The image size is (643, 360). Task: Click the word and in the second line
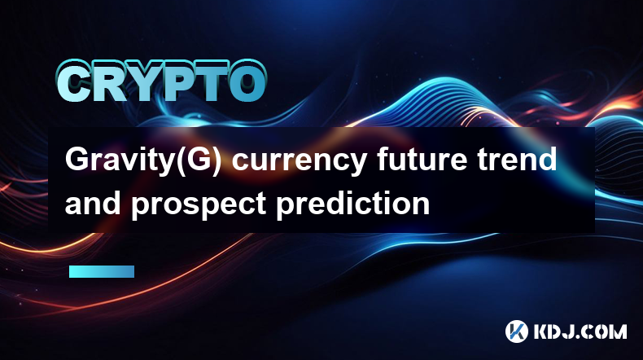click(x=93, y=203)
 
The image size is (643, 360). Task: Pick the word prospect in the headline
click(x=199, y=205)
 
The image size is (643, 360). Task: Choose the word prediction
click(x=353, y=204)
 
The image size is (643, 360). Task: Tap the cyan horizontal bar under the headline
click(x=102, y=272)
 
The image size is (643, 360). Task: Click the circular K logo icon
click(x=516, y=331)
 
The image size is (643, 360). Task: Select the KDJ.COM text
click(x=580, y=331)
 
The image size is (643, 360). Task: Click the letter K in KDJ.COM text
click(x=541, y=331)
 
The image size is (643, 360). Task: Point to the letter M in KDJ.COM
click(x=617, y=331)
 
